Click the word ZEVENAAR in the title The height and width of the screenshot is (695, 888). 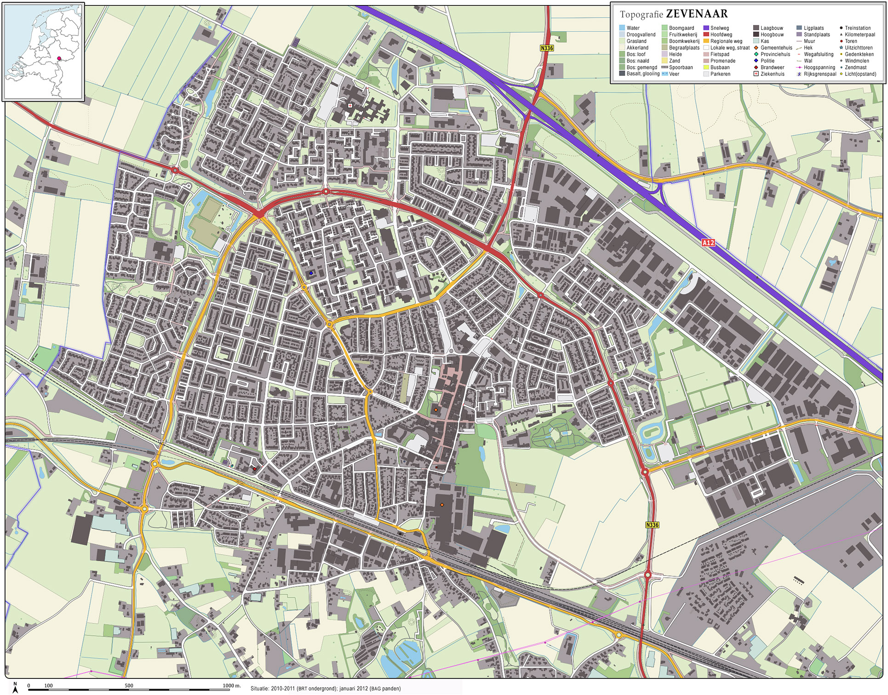click(697, 14)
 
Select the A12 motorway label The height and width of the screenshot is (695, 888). click(708, 243)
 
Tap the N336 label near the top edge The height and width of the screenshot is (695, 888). click(547, 48)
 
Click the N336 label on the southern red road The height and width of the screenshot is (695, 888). click(652, 525)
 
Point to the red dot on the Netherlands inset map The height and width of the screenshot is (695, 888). click(59, 58)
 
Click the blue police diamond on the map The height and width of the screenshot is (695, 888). click(311, 273)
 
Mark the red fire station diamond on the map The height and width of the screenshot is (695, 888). click(254, 469)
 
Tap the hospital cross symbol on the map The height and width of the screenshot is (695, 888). click(350, 105)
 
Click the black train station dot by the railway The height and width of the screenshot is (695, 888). click(400, 534)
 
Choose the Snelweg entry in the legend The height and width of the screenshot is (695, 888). click(719, 28)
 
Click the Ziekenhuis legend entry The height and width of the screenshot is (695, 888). click(772, 74)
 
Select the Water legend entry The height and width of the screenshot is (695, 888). click(633, 28)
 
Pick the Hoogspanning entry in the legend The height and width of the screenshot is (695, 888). click(819, 67)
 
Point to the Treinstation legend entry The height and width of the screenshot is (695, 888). click(857, 28)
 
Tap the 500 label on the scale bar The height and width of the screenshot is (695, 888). click(129, 685)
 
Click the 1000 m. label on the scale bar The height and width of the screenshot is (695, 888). click(231, 685)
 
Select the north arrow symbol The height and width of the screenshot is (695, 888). click(15, 688)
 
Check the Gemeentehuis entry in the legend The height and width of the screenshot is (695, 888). click(776, 48)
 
